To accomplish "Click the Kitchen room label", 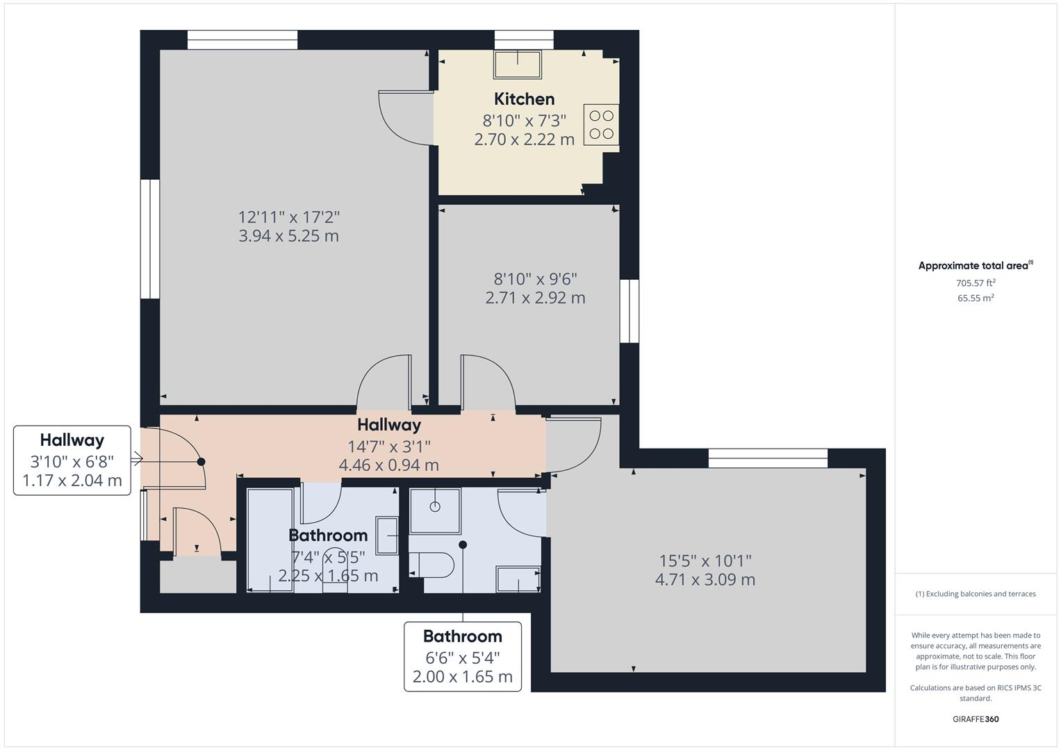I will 524,99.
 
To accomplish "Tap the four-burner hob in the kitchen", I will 600,124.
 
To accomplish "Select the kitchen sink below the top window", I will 517,65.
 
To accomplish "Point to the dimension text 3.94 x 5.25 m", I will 288,236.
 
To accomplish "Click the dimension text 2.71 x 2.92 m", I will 535,298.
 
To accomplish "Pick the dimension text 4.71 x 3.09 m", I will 705,580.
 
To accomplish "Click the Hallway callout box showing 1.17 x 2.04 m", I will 72,460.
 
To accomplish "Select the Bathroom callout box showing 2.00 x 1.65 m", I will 463,656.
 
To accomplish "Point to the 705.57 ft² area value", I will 976,283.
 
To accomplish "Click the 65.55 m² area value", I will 976,298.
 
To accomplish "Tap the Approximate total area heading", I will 975,265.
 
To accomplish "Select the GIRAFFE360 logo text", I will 975,719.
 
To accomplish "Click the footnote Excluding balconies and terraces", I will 976,594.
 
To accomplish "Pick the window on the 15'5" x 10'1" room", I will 768,458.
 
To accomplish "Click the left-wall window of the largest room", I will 150,240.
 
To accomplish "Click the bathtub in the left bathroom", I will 270,540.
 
